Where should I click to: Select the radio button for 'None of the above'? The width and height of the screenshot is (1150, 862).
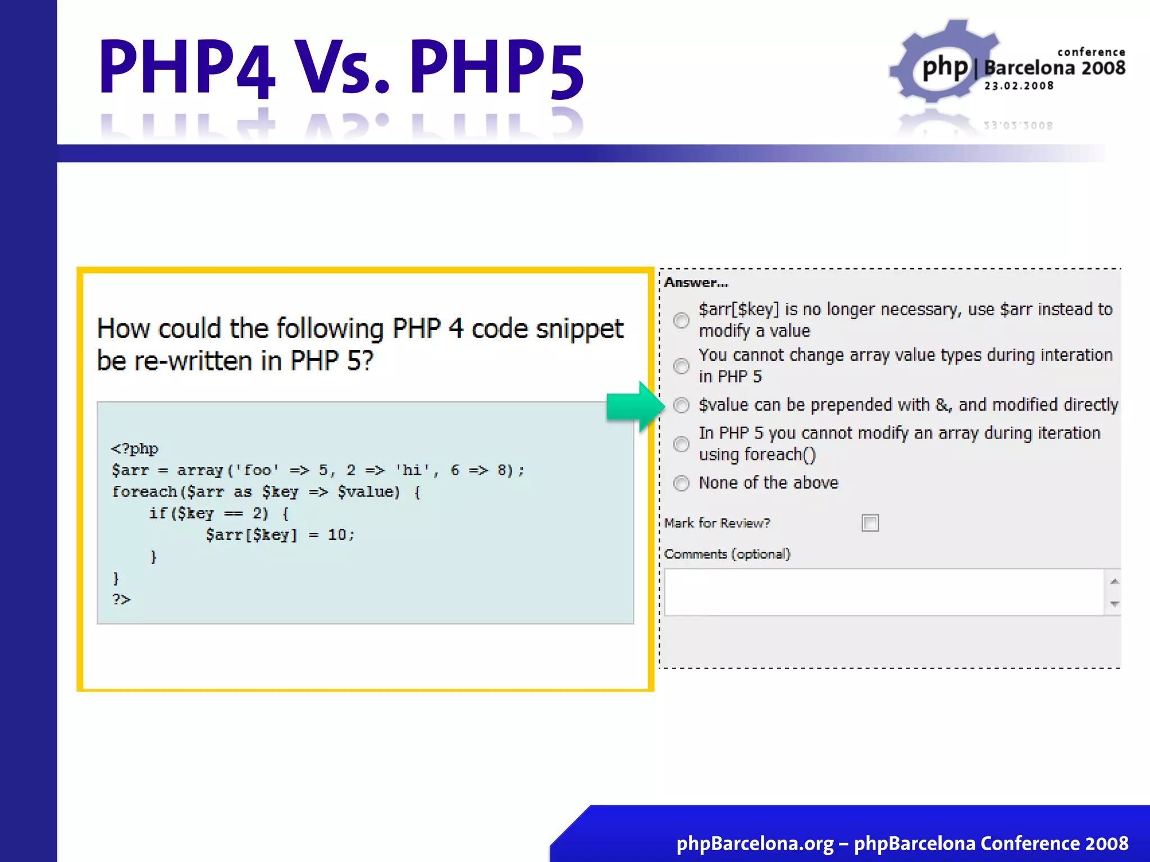coord(681,483)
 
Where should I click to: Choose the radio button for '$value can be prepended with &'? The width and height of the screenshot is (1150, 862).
coord(681,405)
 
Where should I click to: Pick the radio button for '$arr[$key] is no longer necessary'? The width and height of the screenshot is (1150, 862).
coord(681,320)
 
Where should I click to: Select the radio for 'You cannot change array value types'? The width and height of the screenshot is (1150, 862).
coord(681,366)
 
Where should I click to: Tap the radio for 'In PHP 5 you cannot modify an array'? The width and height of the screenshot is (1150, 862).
coord(681,444)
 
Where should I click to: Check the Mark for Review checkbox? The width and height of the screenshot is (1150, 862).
coord(870,523)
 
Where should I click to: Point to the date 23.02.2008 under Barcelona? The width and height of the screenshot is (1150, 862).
coord(1019,86)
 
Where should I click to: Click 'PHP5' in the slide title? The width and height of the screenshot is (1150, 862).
coord(497,67)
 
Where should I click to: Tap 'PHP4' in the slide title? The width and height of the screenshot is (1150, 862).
coord(186,67)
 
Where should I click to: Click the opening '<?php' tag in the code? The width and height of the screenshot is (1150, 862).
coord(135,448)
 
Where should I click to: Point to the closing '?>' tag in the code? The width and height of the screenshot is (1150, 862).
coord(121,599)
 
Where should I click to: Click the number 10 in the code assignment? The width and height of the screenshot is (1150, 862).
coord(337,535)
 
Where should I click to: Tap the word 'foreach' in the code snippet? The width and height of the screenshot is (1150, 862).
coord(144,492)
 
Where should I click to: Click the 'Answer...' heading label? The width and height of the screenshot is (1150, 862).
coord(696,283)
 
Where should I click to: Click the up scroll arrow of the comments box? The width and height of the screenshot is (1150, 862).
coord(1115,581)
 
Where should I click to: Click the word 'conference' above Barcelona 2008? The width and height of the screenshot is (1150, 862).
coord(1091,52)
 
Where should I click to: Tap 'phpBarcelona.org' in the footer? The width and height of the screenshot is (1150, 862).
coord(755,843)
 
